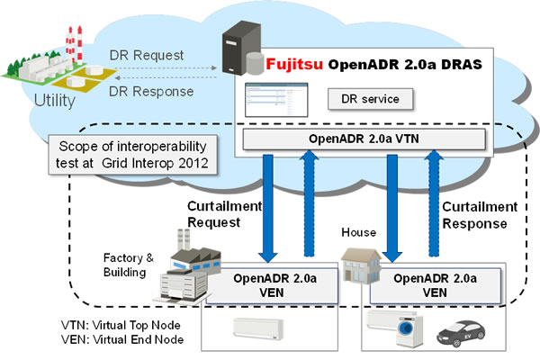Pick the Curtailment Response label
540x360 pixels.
pyautogui.click(x=476, y=214)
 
